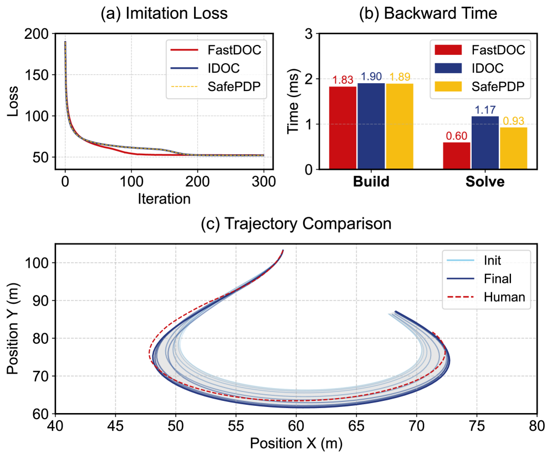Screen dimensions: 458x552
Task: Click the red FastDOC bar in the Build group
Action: [x=343, y=128]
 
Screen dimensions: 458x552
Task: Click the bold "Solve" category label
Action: [x=485, y=182]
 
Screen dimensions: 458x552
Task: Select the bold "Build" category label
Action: [x=371, y=182]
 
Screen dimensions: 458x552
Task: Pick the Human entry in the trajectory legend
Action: [x=504, y=297]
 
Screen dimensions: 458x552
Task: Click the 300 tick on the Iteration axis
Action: [x=263, y=182]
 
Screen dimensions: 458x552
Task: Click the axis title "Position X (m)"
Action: [x=296, y=444]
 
